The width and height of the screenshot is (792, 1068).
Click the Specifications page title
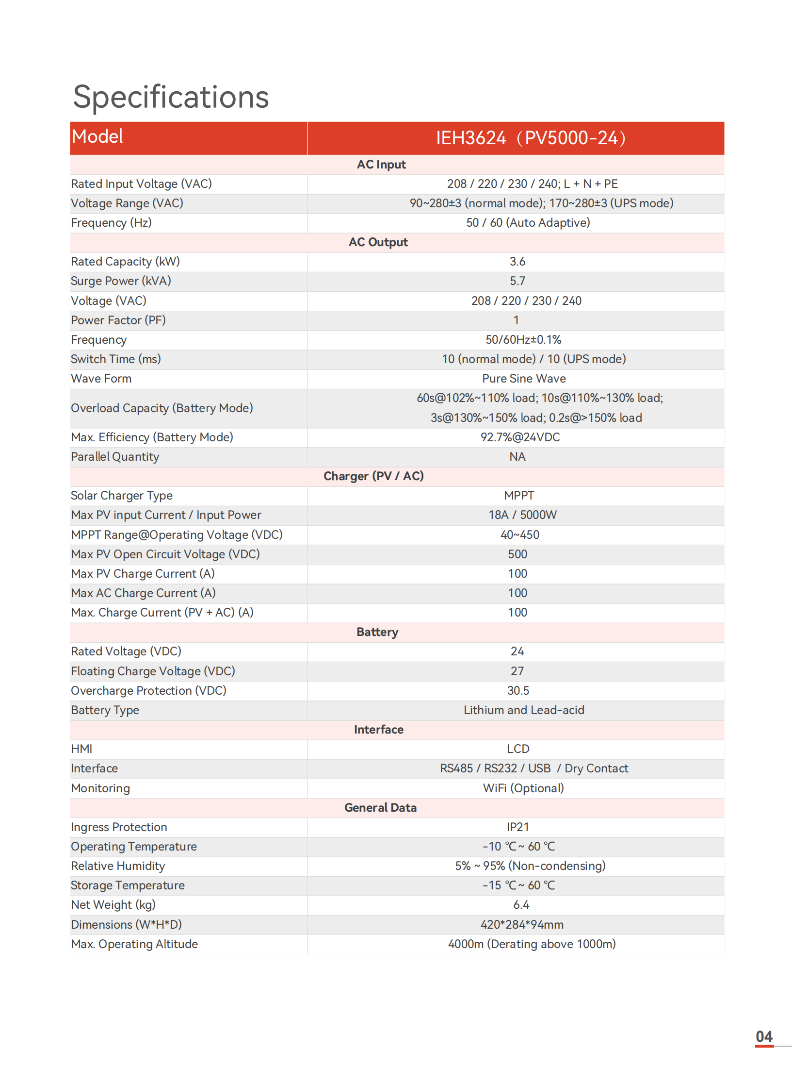171,97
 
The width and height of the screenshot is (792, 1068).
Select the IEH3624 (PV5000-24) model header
531,138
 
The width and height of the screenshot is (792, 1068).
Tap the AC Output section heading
378,242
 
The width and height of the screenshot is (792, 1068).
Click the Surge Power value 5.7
517,281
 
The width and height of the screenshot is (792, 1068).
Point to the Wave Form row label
101,379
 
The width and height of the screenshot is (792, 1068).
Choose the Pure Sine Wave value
524,379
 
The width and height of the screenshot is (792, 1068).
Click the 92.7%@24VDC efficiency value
520,437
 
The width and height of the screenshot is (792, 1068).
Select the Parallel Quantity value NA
517,457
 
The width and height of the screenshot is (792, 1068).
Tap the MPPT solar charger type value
518,496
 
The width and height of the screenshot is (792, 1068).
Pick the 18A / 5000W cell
522,515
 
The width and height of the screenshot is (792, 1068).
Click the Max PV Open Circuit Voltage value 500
517,554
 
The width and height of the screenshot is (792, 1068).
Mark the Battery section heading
377,632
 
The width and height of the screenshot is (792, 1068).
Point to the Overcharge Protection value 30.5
518,691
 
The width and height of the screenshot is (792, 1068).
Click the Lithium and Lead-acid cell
524,710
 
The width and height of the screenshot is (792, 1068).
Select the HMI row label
81,749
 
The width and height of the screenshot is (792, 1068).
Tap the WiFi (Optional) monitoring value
523,788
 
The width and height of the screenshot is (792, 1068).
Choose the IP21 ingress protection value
517,827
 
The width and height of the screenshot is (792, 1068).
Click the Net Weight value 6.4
521,905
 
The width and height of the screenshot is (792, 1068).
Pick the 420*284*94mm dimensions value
522,925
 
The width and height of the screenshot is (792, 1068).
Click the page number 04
764,1036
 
